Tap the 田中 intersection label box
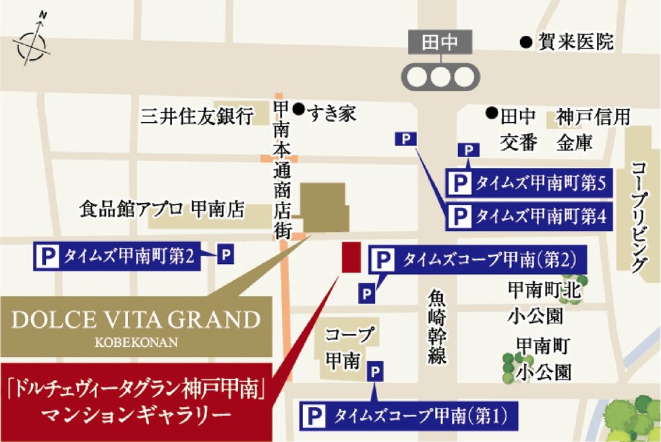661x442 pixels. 440,44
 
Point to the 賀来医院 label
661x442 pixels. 575,43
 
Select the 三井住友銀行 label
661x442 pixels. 196,116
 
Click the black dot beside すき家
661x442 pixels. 297,107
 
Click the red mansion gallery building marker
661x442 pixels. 350,257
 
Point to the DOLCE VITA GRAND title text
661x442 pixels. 136,319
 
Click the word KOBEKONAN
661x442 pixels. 136,341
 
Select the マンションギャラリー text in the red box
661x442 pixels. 136,412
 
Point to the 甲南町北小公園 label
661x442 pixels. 544,302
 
